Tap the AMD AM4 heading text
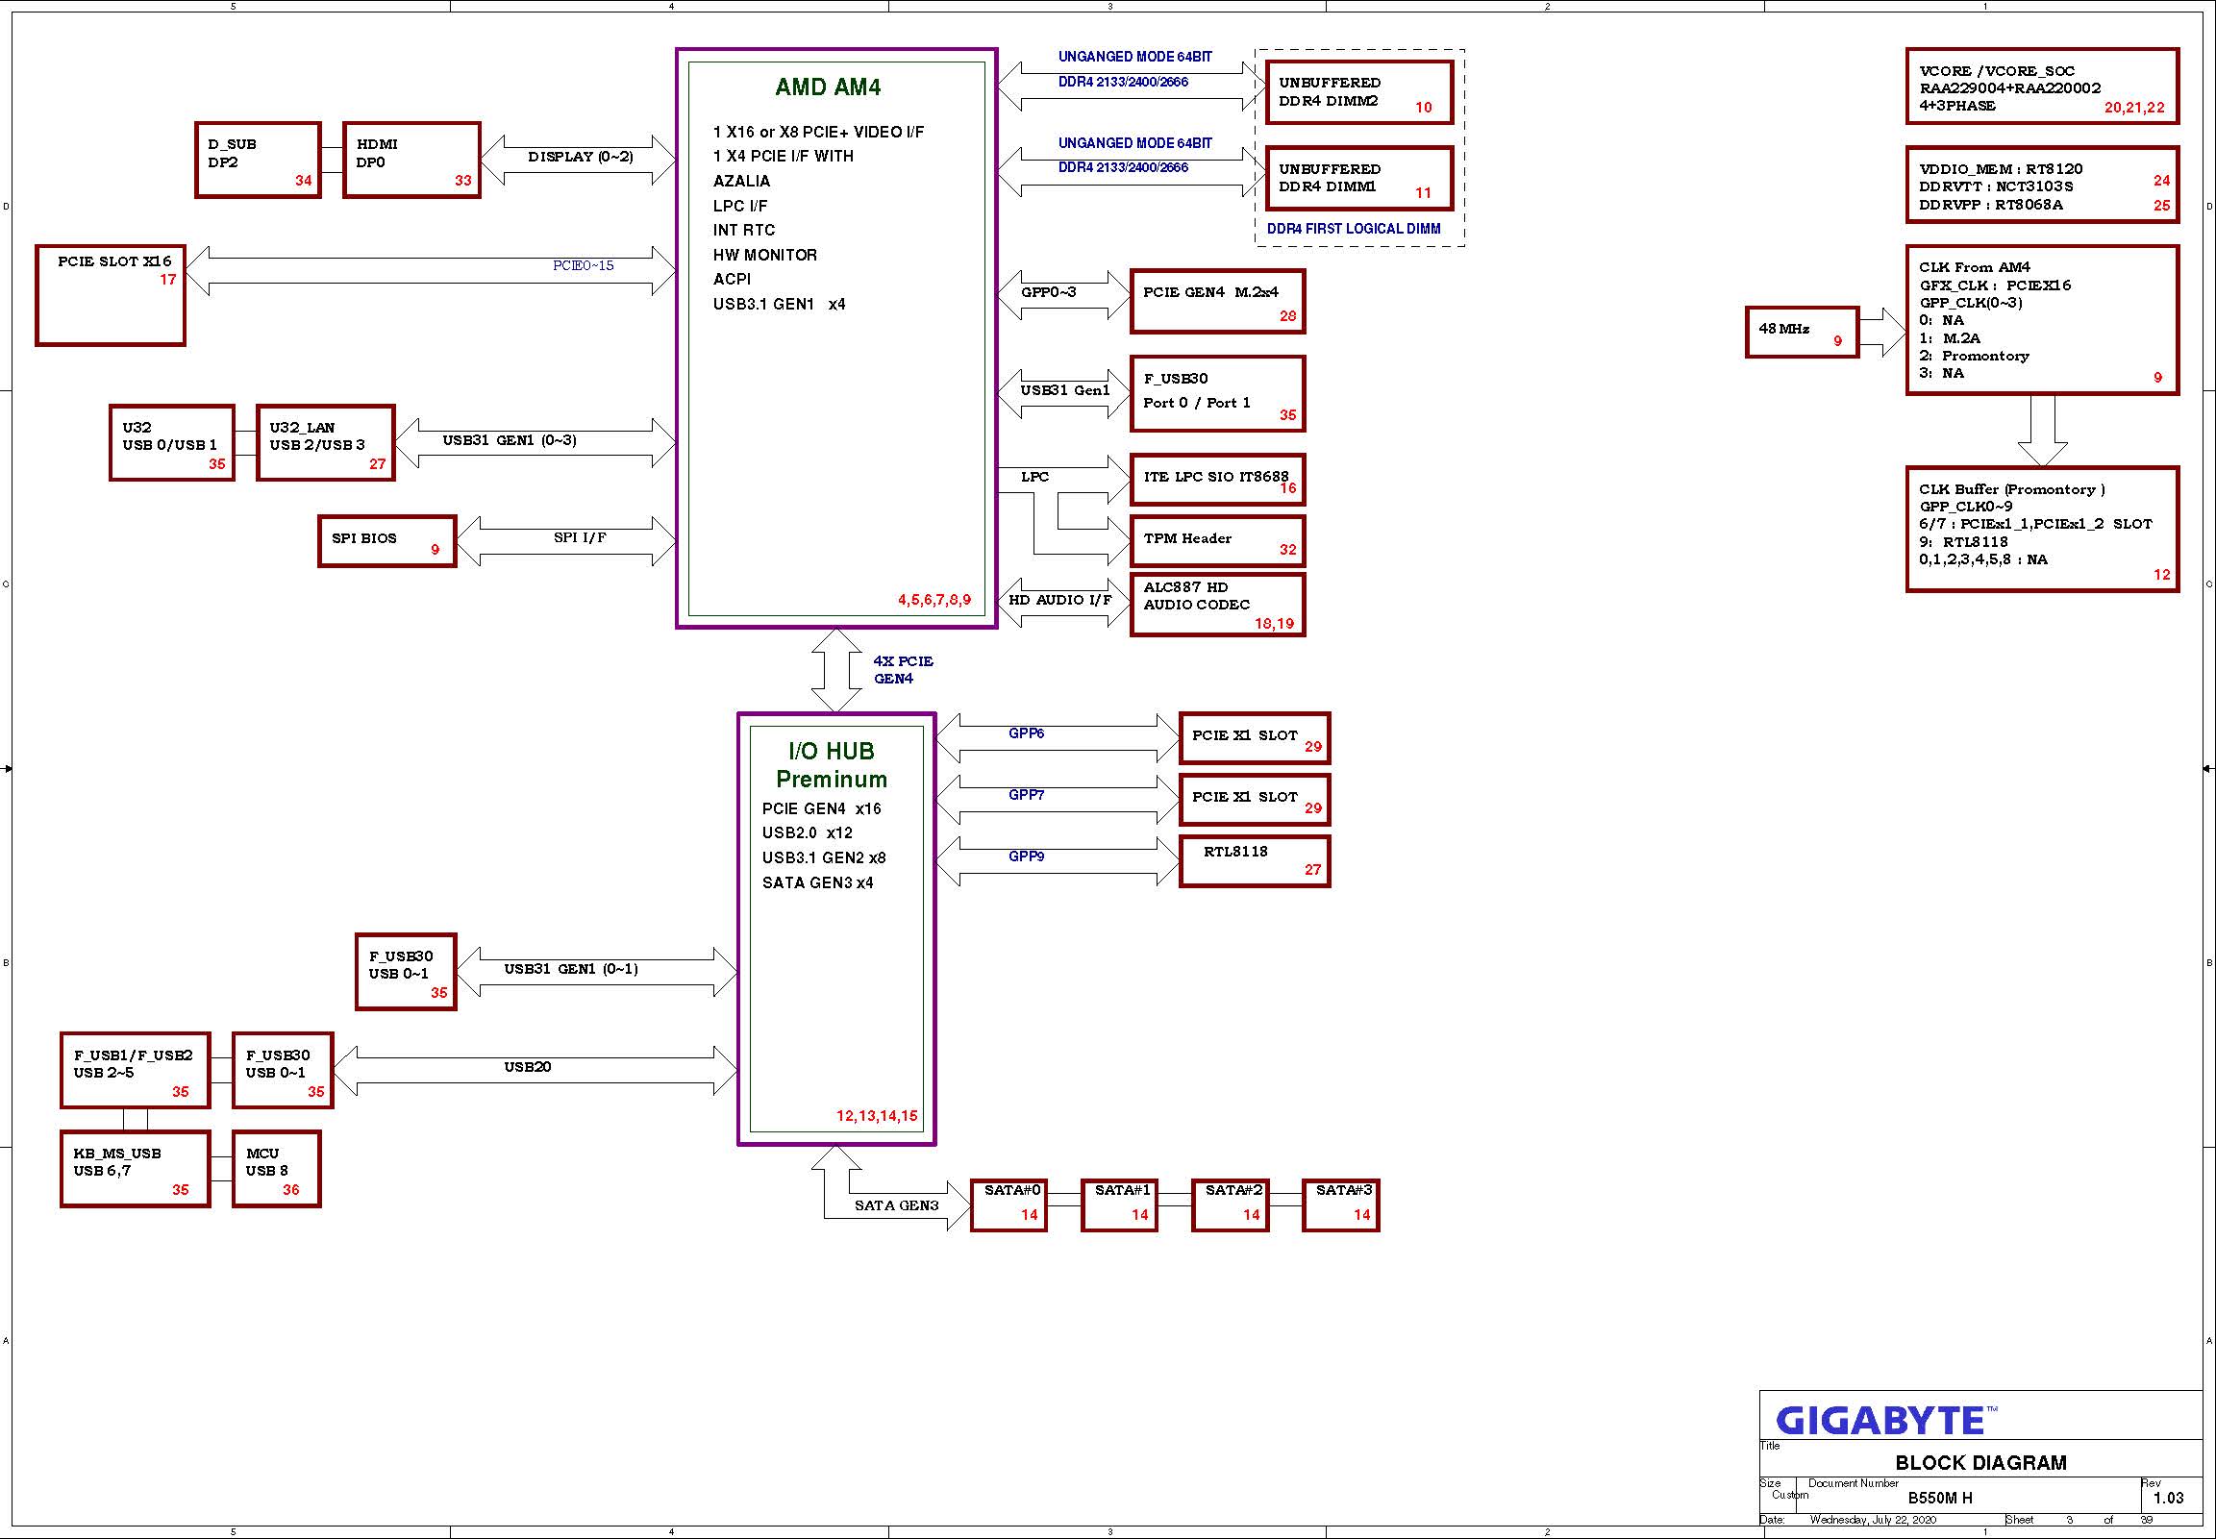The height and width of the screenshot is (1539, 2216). point(828,87)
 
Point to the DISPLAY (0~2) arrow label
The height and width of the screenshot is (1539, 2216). point(581,157)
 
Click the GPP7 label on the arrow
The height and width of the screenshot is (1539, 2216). point(1026,795)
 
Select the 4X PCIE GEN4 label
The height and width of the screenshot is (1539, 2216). point(903,670)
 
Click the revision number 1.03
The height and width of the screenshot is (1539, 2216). point(2168,1498)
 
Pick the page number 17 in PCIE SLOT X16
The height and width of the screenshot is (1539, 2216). point(168,280)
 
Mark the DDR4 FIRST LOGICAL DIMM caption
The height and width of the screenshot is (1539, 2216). point(1354,229)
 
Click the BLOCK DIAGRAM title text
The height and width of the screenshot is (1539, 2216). point(1980,1463)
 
